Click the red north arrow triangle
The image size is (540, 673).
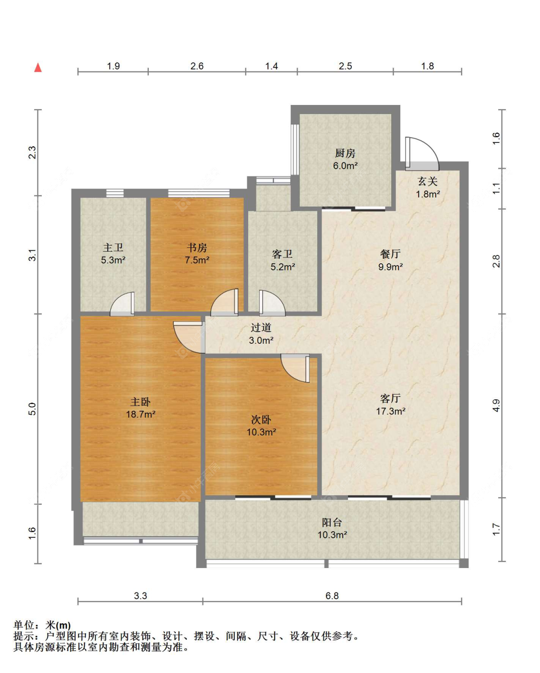point(38,68)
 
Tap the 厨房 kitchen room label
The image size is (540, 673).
point(345,153)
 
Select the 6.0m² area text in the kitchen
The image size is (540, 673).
point(345,166)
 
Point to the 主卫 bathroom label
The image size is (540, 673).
point(113,248)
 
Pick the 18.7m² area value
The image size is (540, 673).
point(141,414)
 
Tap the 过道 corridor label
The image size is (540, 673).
point(261,327)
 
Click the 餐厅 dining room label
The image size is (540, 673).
point(390,254)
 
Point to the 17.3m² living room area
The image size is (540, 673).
point(391,411)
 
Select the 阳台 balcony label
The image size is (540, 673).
point(332,522)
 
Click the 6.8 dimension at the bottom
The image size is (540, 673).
point(332,596)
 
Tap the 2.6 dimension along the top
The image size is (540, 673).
point(197,66)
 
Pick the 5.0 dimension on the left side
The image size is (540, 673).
point(32,409)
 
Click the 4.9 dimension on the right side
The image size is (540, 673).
point(496,406)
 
